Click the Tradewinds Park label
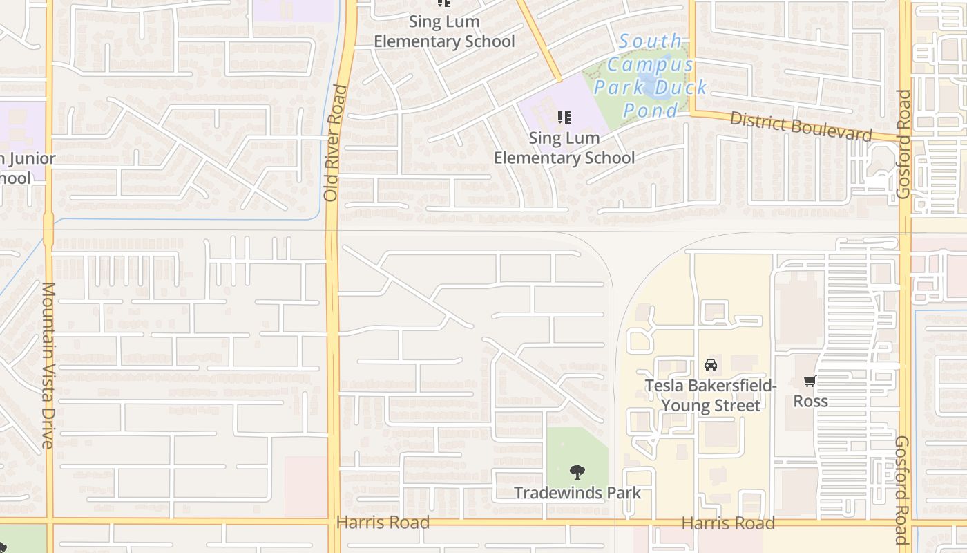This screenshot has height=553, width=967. (x=577, y=493)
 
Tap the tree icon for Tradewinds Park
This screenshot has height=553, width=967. (x=577, y=472)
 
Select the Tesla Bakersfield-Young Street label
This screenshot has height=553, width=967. (x=711, y=395)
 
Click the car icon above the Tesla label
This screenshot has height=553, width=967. (x=711, y=365)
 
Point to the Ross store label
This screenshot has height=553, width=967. (x=810, y=401)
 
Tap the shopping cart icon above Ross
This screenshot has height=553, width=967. (x=810, y=381)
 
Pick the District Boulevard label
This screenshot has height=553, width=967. (x=801, y=126)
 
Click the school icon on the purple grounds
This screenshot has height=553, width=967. (x=564, y=117)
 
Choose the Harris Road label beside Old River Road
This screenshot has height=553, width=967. (x=383, y=523)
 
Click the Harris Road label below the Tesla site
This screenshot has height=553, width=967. (x=728, y=523)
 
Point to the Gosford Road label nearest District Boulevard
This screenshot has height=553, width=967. (x=904, y=144)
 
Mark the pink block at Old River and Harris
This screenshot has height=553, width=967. (x=305, y=487)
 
